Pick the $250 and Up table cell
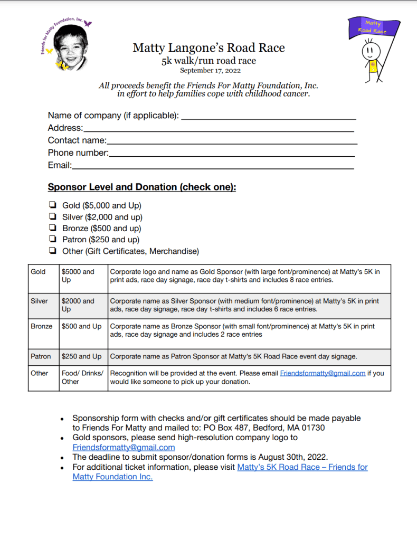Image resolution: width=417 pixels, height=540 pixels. click(x=83, y=356)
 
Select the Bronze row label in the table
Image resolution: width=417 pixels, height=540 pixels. click(x=42, y=326)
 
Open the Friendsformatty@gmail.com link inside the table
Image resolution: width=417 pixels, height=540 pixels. click(x=323, y=373)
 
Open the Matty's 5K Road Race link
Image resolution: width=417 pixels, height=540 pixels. click(x=302, y=467)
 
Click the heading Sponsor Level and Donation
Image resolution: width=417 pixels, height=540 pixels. click(x=141, y=187)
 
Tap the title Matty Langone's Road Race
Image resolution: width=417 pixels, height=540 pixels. click(x=209, y=48)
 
